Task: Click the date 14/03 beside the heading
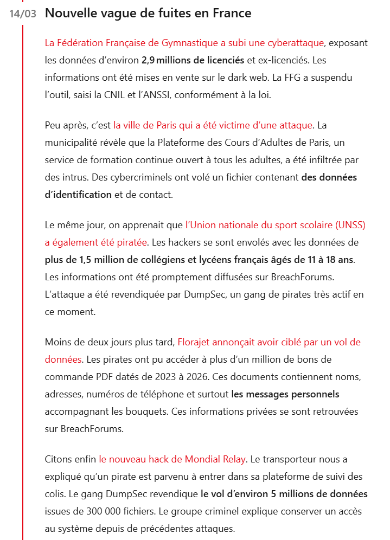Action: coord(23,14)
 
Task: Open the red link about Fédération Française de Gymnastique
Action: coord(184,42)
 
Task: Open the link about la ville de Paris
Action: coord(213,125)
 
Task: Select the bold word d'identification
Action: coord(78,194)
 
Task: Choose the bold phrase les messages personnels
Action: coord(285,394)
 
